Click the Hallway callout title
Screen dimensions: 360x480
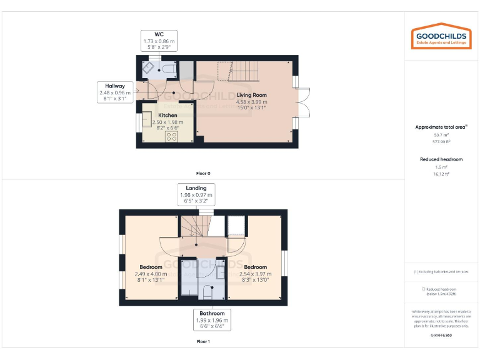115,86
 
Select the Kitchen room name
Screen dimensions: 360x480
167,116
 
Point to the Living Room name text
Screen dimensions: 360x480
251,95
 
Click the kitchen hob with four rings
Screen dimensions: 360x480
171,136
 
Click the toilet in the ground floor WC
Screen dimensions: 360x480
169,68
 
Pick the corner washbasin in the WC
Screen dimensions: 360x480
149,68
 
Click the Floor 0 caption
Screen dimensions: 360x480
203,173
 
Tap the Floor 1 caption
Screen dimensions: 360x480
203,342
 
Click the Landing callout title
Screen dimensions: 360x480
196,187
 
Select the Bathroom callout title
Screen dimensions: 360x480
212,313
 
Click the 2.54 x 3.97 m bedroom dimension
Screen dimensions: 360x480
255,274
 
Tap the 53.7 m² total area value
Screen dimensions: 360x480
441,134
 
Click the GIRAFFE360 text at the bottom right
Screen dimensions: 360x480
441,336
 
